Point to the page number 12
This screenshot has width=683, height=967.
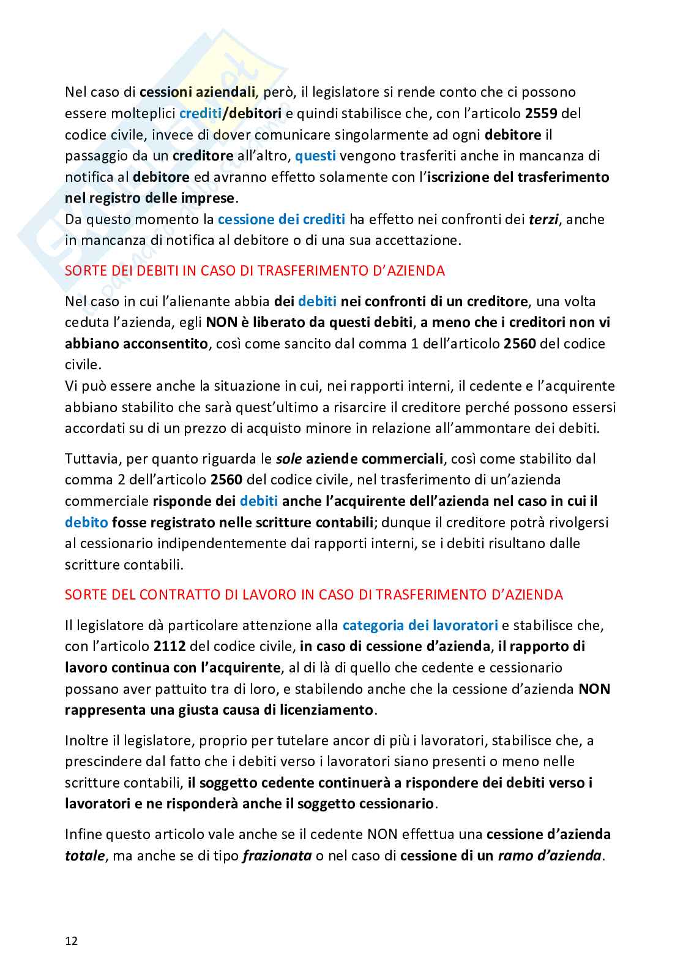[72, 941]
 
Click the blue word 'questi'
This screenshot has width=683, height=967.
[315, 156]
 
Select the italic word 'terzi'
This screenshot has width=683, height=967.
[543, 219]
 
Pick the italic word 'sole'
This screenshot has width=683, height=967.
[289, 459]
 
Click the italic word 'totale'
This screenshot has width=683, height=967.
[84, 856]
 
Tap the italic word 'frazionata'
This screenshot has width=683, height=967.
[277, 856]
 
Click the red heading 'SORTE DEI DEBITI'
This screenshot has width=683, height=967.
[255, 271]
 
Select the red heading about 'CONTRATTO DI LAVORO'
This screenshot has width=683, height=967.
[313, 595]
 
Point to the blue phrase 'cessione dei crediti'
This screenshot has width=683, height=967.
[282, 219]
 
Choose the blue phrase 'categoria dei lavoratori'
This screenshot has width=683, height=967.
[420, 625]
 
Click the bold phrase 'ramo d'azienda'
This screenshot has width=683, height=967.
[549, 856]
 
